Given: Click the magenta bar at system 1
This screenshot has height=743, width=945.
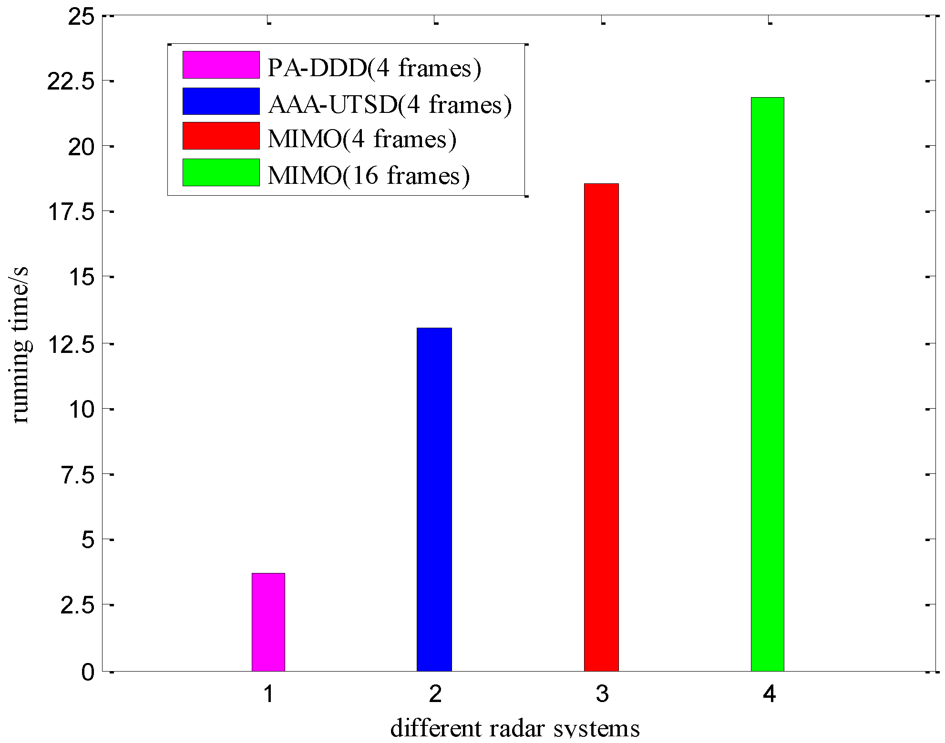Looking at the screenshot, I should [268, 622].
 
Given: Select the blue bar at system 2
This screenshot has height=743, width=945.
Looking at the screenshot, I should [434, 500].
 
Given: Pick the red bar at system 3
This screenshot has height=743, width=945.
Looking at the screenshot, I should [601, 427].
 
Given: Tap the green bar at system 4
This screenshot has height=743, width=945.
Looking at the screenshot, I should [768, 384].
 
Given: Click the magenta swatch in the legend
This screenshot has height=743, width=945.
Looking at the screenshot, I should [221, 65].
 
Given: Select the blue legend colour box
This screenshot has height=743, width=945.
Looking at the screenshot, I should [221, 101].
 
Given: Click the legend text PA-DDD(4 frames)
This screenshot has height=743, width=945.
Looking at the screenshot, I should [374, 68].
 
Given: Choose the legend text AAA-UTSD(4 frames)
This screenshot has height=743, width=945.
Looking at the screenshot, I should [390, 104].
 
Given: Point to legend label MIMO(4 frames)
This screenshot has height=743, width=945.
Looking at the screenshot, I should [362, 139].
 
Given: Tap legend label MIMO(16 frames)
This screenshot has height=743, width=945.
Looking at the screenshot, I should [369, 175].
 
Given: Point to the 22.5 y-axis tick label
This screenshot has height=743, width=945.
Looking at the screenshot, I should [71, 82].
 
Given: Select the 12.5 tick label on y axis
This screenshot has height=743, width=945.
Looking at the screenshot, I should [71, 344].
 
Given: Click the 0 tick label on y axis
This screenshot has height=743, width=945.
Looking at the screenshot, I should [88, 673].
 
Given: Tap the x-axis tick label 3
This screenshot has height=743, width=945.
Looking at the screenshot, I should [602, 694].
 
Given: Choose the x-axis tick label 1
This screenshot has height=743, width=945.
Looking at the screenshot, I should [269, 694].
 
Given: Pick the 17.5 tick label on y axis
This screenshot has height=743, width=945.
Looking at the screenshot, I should [71, 213].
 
